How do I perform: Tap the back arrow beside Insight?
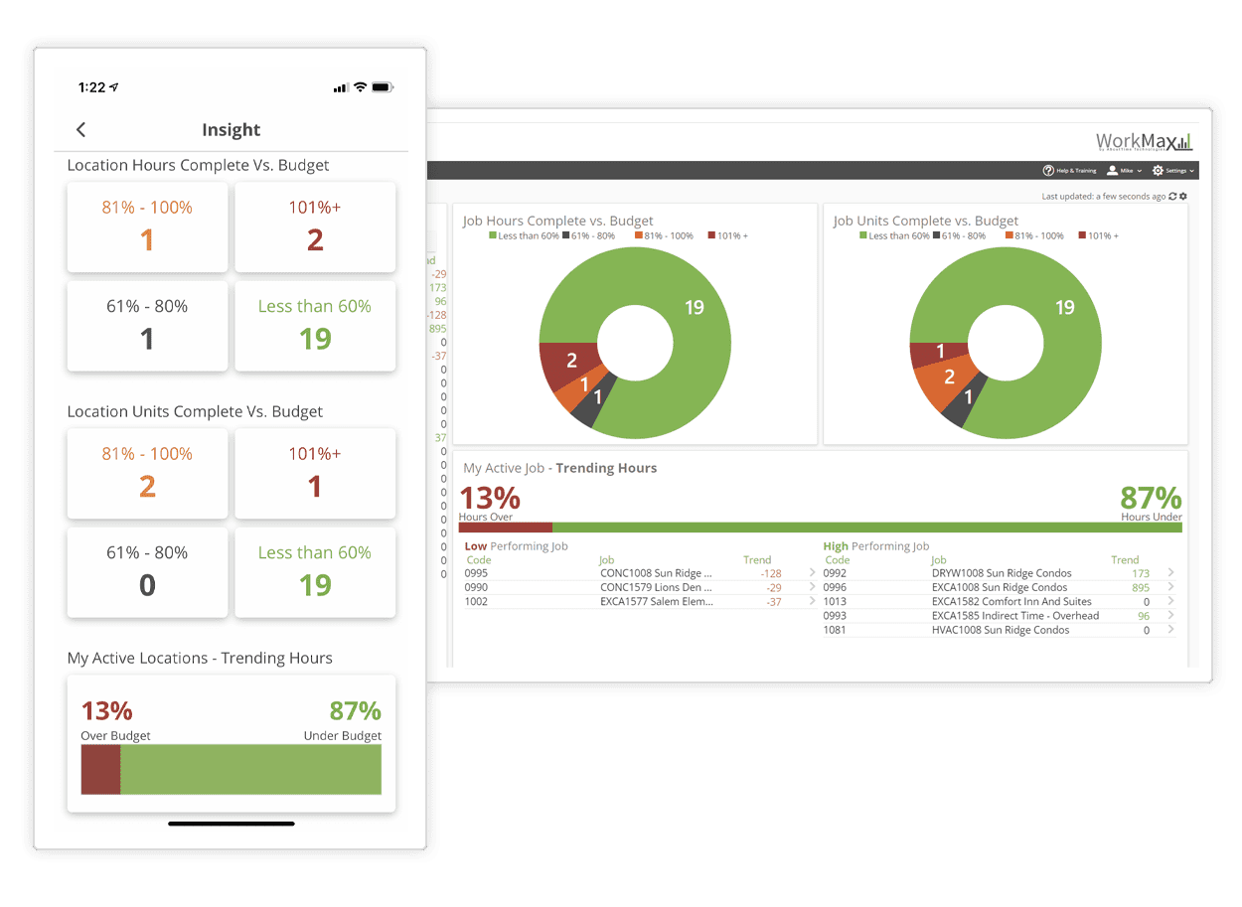[x=81, y=130]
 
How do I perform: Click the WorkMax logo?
[x=1144, y=141]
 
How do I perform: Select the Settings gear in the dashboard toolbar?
[x=1158, y=171]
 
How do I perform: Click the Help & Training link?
[x=1070, y=171]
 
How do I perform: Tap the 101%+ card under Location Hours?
[x=315, y=227]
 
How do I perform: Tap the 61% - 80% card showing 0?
[x=147, y=572]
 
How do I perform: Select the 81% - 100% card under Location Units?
[x=147, y=473]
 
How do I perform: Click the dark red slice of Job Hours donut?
[x=568, y=362]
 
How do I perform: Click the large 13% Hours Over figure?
[x=489, y=498]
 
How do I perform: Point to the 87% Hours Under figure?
[x=1151, y=498]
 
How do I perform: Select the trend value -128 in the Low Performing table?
[x=770, y=573]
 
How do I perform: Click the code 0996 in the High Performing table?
[x=835, y=587]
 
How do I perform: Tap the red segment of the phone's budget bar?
[x=100, y=769]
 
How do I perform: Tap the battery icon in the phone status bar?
[x=383, y=87]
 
